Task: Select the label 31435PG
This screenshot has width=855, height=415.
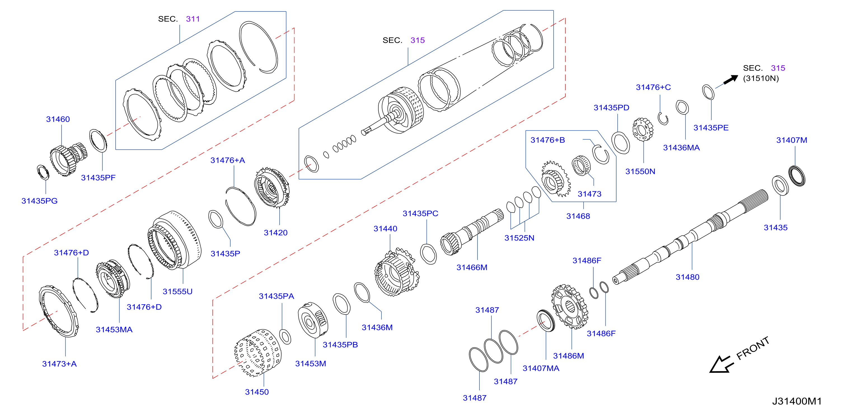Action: tap(39, 201)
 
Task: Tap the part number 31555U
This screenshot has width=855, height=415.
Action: tap(177, 291)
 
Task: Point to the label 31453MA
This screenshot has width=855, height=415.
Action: tap(114, 329)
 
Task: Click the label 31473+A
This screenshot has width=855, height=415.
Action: tap(59, 364)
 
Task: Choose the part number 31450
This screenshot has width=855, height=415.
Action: tap(257, 392)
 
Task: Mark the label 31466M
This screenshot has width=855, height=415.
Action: tap(472, 267)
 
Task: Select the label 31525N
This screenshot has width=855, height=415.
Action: tap(519, 238)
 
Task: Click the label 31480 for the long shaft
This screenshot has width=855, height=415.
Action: tap(687, 277)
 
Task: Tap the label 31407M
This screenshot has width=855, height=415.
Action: tap(791, 140)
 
